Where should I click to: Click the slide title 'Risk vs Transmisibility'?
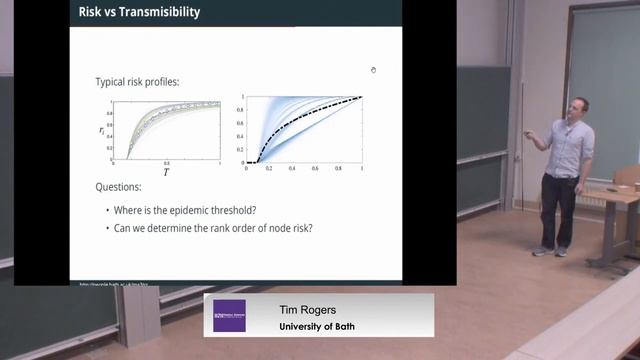[x=139, y=13]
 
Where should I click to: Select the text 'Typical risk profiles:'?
[x=137, y=82]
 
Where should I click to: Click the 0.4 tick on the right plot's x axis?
[x=292, y=169]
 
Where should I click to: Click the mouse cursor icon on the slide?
[x=373, y=70]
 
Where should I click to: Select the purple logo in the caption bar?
[x=229, y=316]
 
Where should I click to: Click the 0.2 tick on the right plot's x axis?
[x=269, y=169]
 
